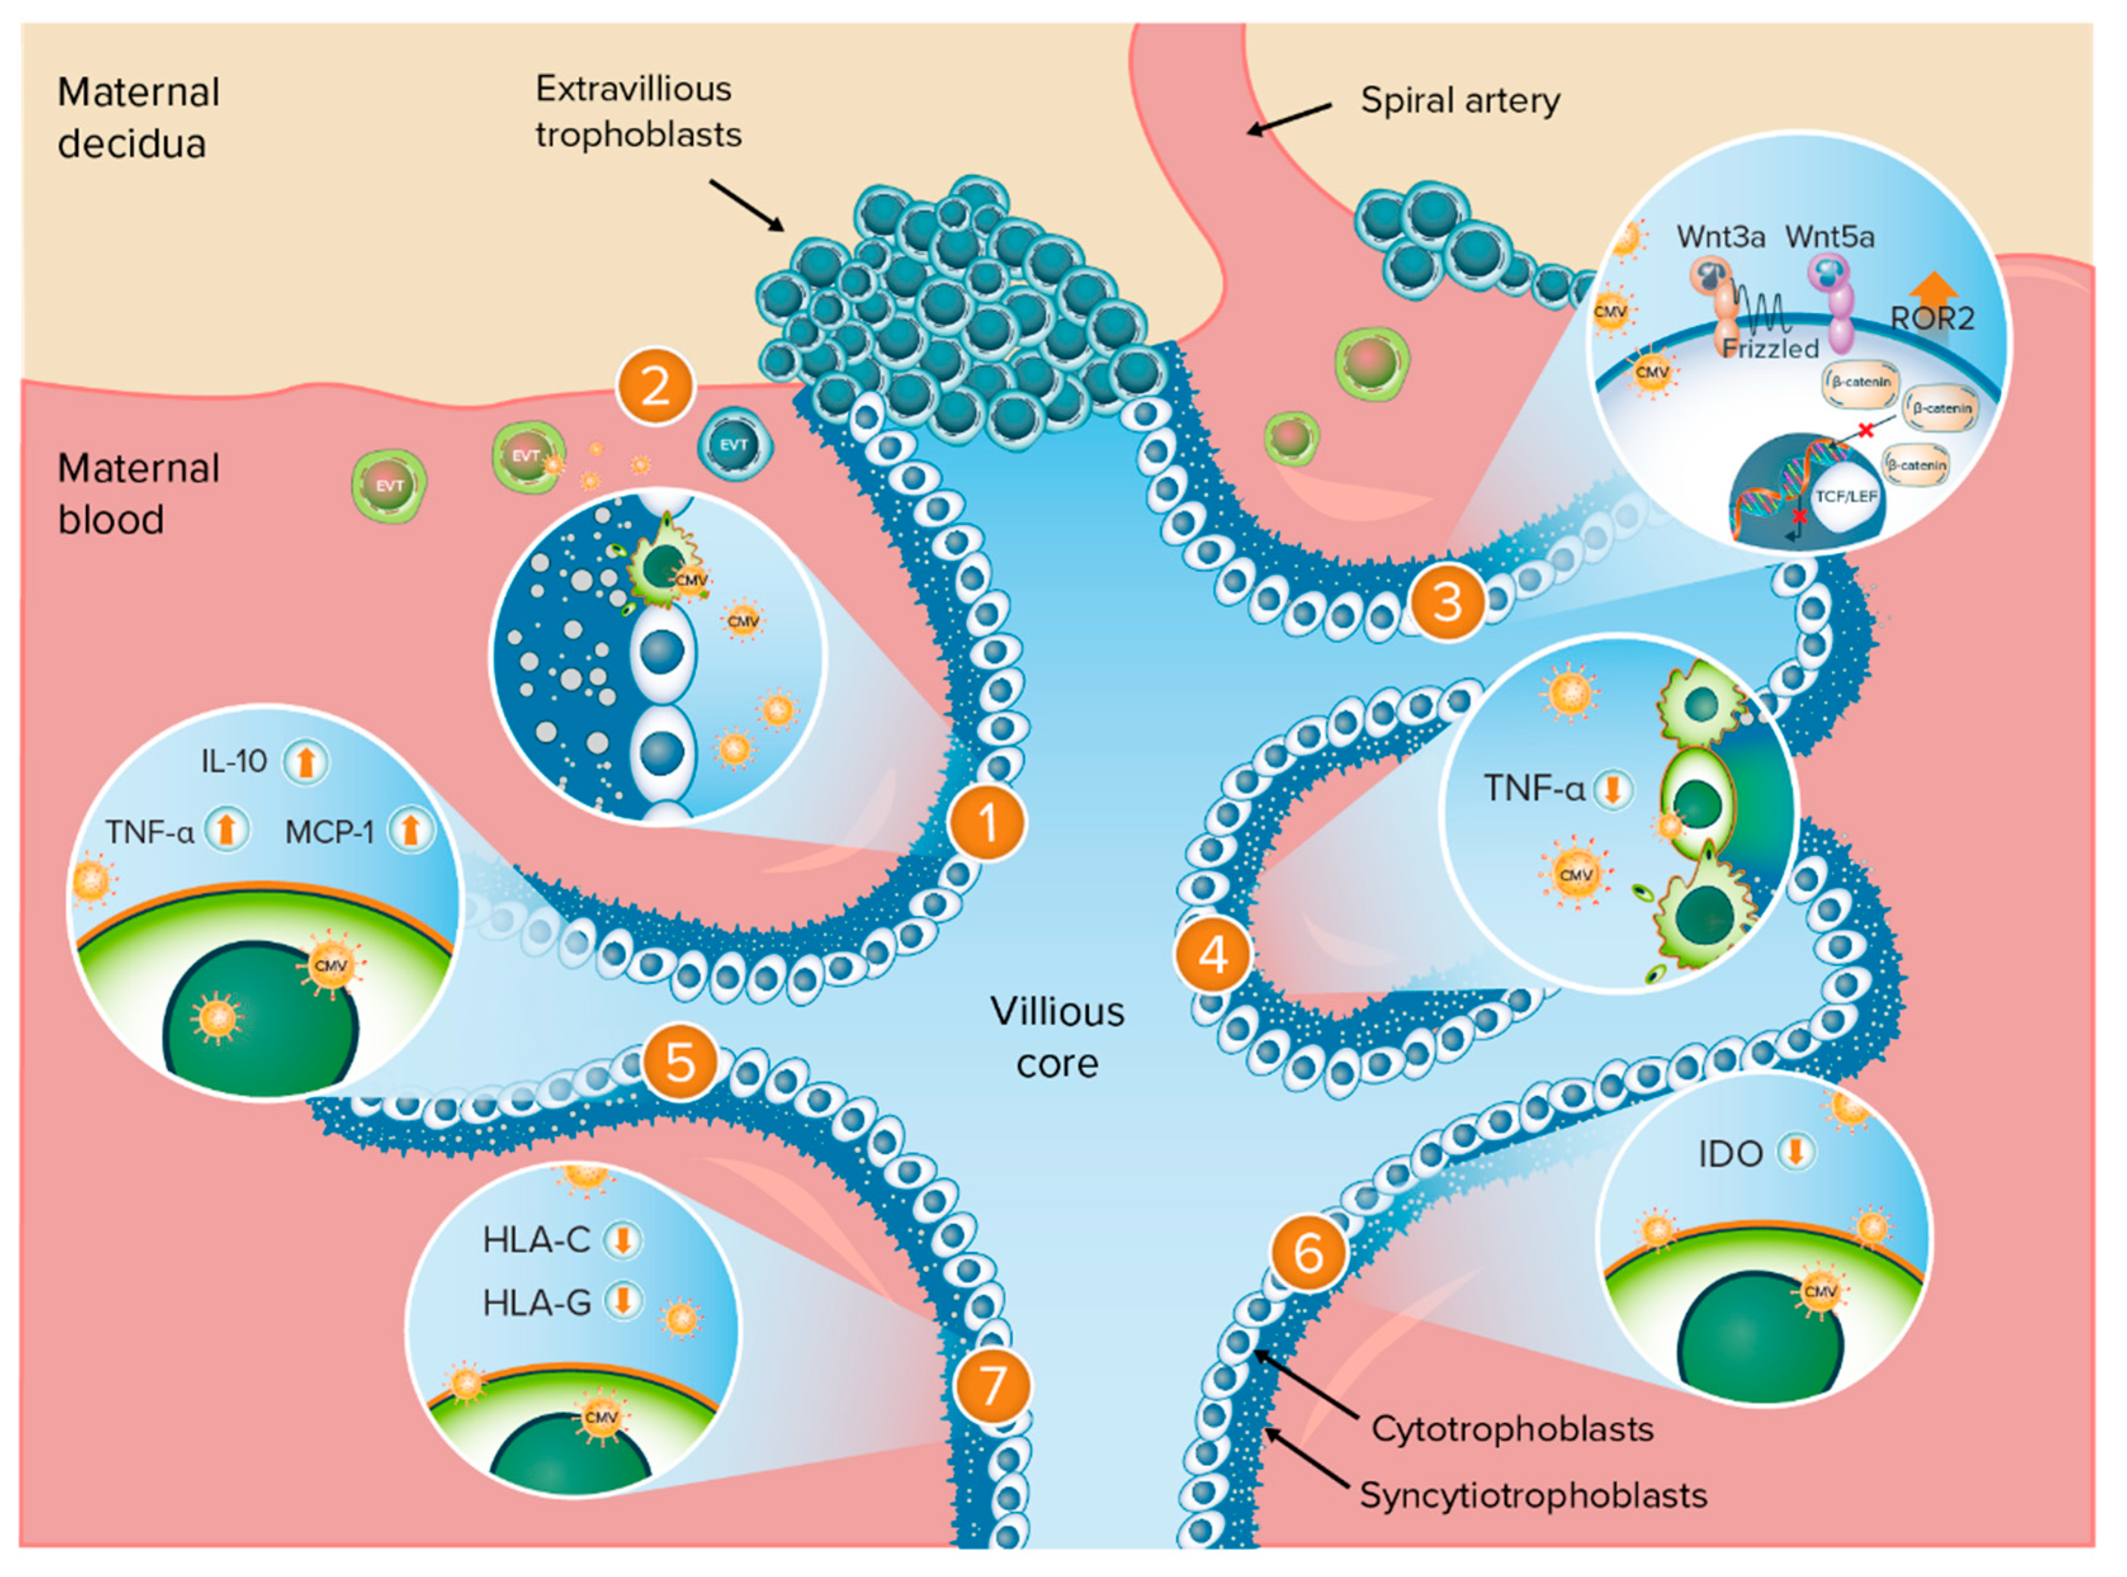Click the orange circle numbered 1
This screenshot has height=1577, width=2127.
click(986, 823)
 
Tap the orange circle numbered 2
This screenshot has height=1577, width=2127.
click(655, 387)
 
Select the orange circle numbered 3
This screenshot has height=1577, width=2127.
click(1447, 602)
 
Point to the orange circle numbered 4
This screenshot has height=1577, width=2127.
click(1212, 954)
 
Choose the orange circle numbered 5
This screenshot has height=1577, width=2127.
click(680, 1062)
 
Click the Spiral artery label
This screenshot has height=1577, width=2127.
click(1459, 100)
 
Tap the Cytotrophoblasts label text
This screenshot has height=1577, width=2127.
click(1512, 1429)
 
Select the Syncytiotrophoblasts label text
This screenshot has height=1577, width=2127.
click(1532, 1495)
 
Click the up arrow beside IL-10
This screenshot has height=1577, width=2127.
click(306, 762)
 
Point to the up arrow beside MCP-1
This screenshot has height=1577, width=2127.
click(411, 830)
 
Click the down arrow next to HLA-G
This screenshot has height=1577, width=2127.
click(623, 1300)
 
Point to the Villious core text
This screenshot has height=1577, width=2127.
click(1057, 1037)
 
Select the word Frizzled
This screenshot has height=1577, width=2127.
click(1771, 349)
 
